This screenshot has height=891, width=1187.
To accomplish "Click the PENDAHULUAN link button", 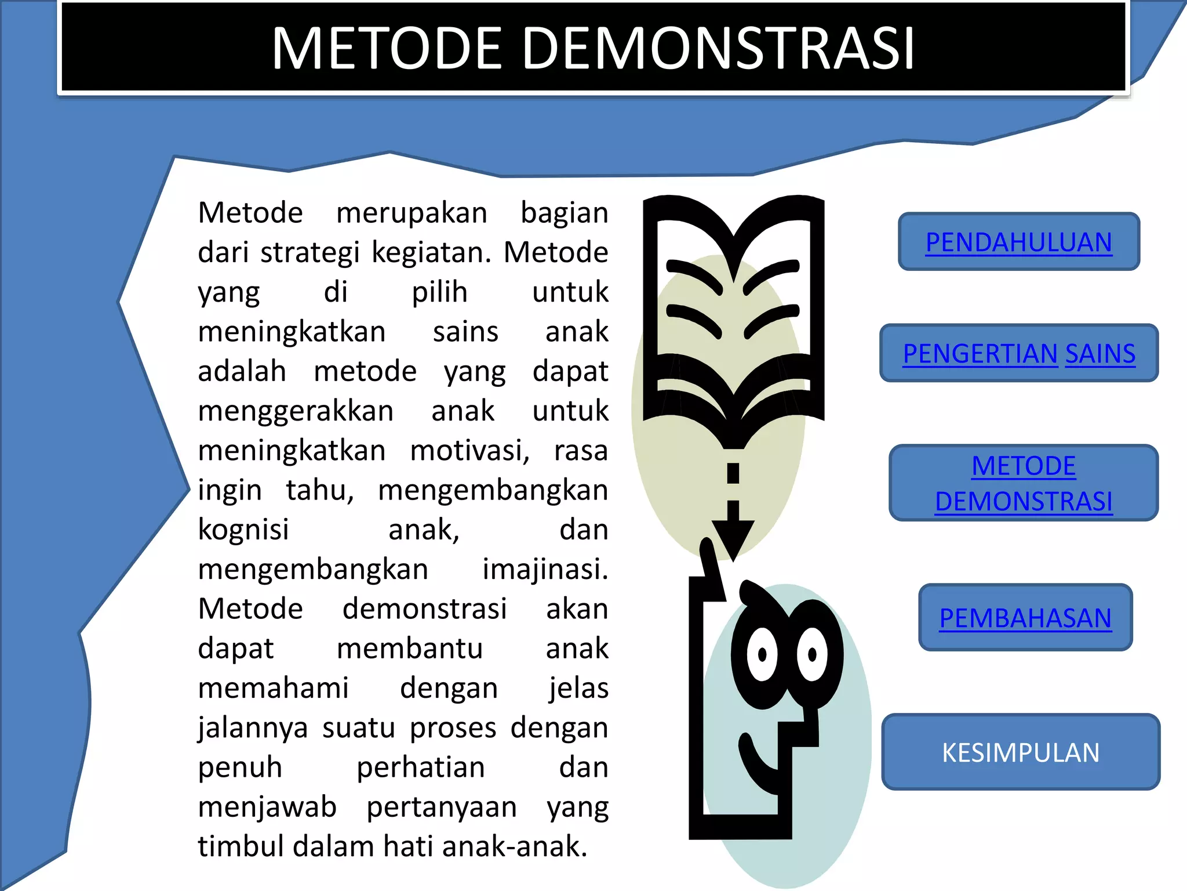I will pos(1018,242).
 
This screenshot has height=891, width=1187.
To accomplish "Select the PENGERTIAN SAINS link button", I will pos(1018,353).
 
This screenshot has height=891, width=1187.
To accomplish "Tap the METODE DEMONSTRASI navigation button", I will pos(1023,483).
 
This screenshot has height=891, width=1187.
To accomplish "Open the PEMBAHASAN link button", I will pos(1025,618).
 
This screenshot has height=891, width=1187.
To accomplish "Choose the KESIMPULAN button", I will pos(1020,752).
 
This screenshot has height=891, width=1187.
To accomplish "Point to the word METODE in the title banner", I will pos(386,49).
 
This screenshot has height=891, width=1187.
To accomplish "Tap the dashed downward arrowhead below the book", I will pos(733,537).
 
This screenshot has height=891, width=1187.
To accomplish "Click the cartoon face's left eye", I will pos(762,655).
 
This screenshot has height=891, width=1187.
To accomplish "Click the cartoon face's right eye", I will pos(812,655).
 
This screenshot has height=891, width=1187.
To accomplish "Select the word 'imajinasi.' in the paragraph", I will pos(545,569).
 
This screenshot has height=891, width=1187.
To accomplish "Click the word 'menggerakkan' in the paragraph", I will pos(296,411).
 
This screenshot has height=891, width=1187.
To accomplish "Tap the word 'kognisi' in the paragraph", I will pos(243,530).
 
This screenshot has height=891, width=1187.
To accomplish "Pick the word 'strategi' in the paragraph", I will pos(310,253).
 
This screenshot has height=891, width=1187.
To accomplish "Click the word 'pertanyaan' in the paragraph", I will pos(442,807).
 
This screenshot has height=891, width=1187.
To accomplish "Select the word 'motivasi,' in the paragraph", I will pos(469,451).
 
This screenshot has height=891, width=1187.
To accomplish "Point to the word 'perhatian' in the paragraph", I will pos(420,767).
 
